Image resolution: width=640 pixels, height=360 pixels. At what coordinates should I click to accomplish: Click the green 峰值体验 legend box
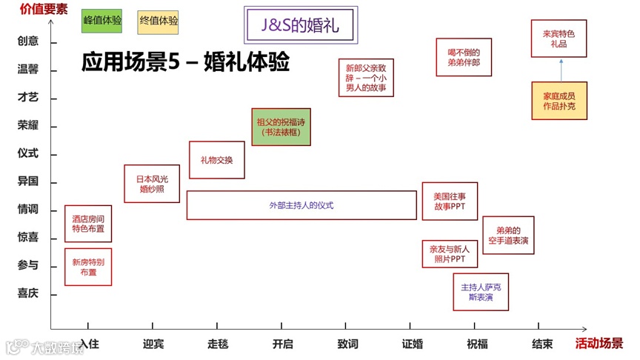[x=101, y=21]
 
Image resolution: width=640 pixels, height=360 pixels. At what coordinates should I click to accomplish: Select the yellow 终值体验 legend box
[x=158, y=21]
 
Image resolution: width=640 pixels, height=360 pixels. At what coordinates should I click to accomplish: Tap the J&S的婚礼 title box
[x=300, y=25]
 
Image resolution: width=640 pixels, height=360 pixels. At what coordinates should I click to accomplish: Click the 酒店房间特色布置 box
[x=88, y=224]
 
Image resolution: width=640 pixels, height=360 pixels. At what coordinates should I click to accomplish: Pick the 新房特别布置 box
[x=88, y=267]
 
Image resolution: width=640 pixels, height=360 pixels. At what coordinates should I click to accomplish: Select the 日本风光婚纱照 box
[x=152, y=184]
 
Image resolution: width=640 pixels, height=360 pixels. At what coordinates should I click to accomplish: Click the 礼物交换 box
[x=216, y=160]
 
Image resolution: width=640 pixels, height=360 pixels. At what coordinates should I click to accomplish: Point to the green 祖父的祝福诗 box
[x=281, y=127]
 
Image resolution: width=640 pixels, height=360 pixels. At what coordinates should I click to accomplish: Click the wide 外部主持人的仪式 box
[x=301, y=205]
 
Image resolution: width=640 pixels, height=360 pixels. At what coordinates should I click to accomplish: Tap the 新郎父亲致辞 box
[x=366, y=77]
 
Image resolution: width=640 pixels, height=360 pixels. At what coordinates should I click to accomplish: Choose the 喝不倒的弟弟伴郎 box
[x=464, y=57]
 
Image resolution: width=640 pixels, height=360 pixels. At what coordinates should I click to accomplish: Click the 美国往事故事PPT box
[x=450, y=201]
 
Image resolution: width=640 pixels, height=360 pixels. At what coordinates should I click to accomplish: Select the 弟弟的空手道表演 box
[x=508, y=236]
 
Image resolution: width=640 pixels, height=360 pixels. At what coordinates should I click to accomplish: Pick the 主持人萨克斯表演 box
[x=481, y=292]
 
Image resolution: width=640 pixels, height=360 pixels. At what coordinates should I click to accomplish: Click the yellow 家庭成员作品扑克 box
[x=559, y=101]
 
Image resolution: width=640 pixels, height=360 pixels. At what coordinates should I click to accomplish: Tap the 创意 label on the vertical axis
[x=28, y=41]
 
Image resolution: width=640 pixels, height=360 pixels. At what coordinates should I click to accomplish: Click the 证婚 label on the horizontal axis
[x=413, y=344]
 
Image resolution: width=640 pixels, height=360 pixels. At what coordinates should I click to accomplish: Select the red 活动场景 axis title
[x=599, y=344]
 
